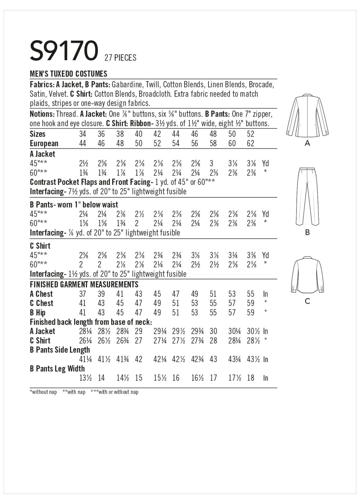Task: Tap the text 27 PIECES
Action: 120,57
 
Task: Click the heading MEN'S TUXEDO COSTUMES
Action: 69,73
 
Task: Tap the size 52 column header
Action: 251,134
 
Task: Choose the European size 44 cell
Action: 82,143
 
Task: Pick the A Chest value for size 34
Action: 82,294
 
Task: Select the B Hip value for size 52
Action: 251,313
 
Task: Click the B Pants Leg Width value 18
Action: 251,378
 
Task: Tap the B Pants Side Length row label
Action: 60,350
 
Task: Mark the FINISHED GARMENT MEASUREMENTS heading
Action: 84,284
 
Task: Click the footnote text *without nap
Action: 43,392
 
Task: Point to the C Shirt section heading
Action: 40,246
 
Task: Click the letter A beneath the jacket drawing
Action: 307,143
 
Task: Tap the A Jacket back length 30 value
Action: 213,331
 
